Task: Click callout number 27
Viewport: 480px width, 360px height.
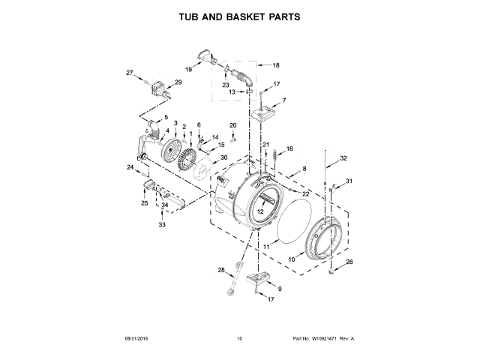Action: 129,73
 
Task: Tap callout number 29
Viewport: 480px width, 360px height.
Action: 178,82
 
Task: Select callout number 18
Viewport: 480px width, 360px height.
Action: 275,65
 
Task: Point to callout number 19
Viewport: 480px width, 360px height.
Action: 188,70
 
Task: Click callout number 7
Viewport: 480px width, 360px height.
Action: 283,100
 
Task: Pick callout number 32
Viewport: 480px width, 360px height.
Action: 343,158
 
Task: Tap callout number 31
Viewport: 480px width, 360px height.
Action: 349,181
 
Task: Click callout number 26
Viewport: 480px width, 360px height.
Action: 349,261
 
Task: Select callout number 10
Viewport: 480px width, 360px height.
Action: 292,260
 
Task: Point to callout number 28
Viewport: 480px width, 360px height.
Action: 221,270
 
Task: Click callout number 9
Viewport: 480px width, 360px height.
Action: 280,289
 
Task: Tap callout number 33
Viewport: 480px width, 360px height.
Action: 161,224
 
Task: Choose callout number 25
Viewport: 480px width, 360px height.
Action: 145,202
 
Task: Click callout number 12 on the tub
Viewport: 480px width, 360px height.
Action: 260,212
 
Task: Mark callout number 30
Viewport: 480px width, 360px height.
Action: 223,157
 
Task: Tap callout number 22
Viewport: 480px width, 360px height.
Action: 306,193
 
